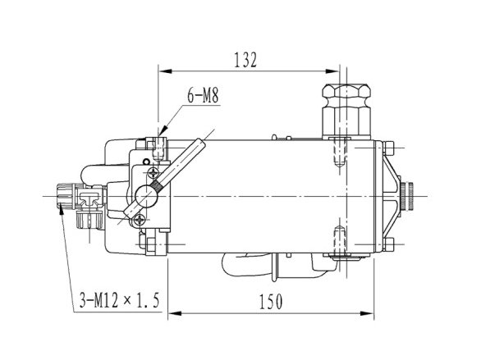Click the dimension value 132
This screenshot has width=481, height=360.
pos(245,60)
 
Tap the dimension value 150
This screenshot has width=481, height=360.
pos(271,302)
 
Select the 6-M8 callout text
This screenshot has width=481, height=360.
pos(203,95)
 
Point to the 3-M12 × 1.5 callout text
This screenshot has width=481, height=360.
pos(120,300)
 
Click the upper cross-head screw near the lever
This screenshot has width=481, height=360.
pos(153,173)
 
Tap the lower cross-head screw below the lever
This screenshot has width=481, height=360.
pos(140,220)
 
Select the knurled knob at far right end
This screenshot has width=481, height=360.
pos(407,196)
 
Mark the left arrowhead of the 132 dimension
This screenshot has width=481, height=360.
pos(165,71)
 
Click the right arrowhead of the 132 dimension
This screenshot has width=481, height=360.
pos(332,71)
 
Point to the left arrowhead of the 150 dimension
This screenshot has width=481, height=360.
pos(175,313)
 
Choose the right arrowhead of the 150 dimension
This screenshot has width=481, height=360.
pos(367,313)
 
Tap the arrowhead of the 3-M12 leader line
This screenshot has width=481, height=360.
pos(61,211)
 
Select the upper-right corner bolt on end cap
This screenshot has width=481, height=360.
pos(389,148)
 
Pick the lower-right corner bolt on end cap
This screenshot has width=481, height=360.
pos(389,244)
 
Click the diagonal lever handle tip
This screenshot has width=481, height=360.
pos(200,143)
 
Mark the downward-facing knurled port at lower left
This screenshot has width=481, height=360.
pos(89,220)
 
